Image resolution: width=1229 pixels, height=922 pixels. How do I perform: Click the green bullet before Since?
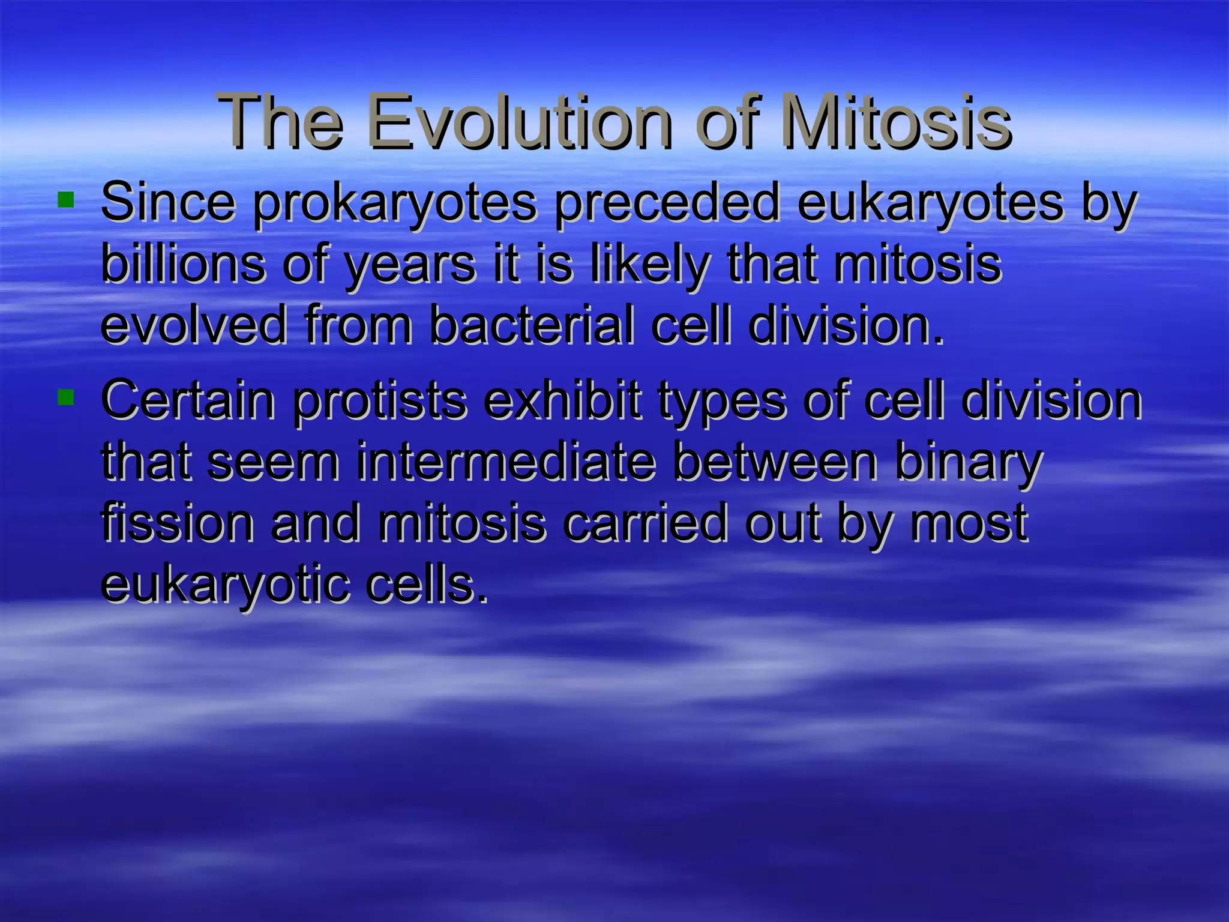click(x=65, y=199)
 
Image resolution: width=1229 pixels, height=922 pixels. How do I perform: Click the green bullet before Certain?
click(x=65, y=397)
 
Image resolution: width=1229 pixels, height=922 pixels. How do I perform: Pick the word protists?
click(x=379, y=402)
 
